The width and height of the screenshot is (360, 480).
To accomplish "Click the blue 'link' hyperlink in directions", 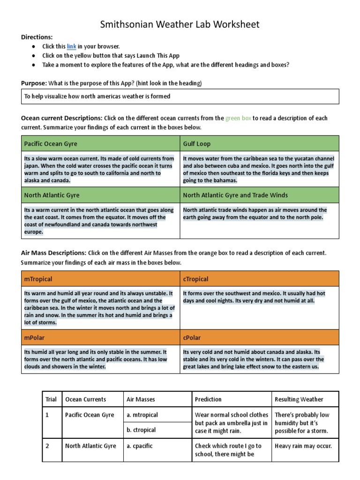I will pyautogui.click(x=71, y=46).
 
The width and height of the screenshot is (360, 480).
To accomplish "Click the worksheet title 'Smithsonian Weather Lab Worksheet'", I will pyautogui.click(x=180, y=24).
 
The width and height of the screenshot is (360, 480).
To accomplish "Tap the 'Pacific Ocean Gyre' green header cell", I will pyautogui.click(x=100, y=143).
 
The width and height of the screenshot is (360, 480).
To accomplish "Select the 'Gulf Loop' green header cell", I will pyautogui.click(x=259, y=143).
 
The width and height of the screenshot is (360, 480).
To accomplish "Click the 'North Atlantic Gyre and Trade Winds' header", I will pyautogui.click(x=259, y=195).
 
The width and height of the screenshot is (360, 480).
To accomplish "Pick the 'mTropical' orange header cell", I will pyautogui.click(x=100, y=279).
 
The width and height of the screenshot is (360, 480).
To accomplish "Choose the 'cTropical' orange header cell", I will pyautogui.click(x=259, y=279).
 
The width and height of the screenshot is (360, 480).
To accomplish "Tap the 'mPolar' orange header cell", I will pyautogui.click(x=100, y=337).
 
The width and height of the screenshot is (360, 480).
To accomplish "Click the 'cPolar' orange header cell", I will pyautogui.click(x=259, y=337).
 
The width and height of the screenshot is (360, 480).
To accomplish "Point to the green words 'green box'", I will pyautogui.click(x=238, y=118).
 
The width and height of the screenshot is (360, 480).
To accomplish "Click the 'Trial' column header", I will pyautogui.click(x=51, y=399).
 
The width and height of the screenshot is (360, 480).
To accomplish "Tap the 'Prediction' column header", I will pyautogui.click(x=208, y=399).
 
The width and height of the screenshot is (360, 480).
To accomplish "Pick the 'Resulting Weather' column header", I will pyautogui.click(x=299, y=399).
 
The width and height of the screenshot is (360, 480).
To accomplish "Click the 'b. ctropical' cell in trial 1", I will pyautogui.click(x=141, y=430).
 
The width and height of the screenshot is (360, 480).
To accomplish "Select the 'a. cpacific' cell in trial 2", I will pyautogui.click(x=141, y=446).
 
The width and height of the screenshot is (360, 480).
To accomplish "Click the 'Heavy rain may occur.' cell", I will pyautogui.click(x=303, y=446).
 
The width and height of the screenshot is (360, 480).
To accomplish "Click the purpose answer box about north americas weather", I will pyautogui.click(x=180, y=97).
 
